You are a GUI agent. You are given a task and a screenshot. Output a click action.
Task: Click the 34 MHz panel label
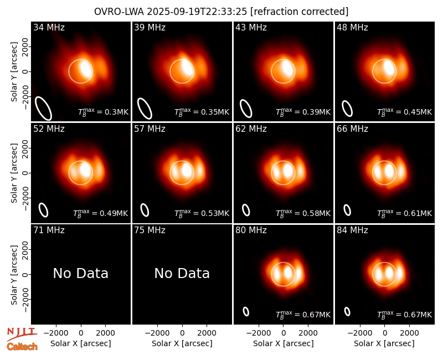[49, 27]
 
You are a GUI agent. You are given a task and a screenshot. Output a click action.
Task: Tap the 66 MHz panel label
[352, 129]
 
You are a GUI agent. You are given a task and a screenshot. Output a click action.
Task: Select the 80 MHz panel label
[251, 230]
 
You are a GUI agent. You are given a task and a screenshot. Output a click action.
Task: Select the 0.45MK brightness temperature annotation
[405, 112]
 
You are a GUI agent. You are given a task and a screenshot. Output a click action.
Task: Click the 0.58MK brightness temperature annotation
[303, 213]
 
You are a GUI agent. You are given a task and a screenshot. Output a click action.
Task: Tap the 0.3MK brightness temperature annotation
[104, 112]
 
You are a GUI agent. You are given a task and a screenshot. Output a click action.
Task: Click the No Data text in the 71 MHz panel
[80, 273]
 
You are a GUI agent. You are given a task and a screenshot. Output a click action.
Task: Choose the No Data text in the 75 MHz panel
[182, 273]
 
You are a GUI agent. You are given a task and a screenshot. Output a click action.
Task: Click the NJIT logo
[22, 334]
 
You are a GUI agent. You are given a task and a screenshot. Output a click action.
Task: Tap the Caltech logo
[22, 347]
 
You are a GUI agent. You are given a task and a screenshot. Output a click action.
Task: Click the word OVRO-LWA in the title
[119, 12]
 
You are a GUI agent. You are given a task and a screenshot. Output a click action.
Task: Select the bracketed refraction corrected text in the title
[300, 12]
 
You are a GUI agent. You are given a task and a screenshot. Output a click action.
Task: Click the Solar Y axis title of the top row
[14, 72]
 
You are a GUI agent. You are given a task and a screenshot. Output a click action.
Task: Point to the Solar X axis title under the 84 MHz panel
[384, 343]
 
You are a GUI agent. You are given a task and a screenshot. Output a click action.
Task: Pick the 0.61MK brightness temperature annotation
[405, 213]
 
